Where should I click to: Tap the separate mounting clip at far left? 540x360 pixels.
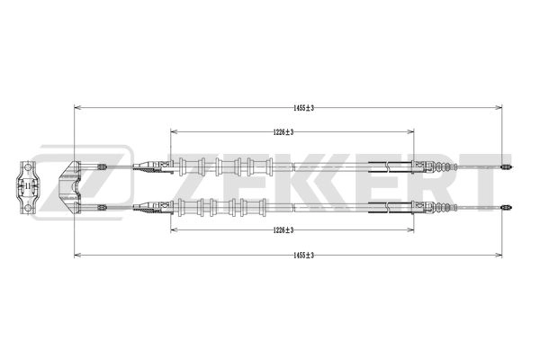pos(27,187)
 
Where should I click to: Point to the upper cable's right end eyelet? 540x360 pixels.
pos(505,166)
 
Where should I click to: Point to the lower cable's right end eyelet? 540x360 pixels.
pos(505,206)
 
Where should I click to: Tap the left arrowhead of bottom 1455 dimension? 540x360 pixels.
pos(76,254)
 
